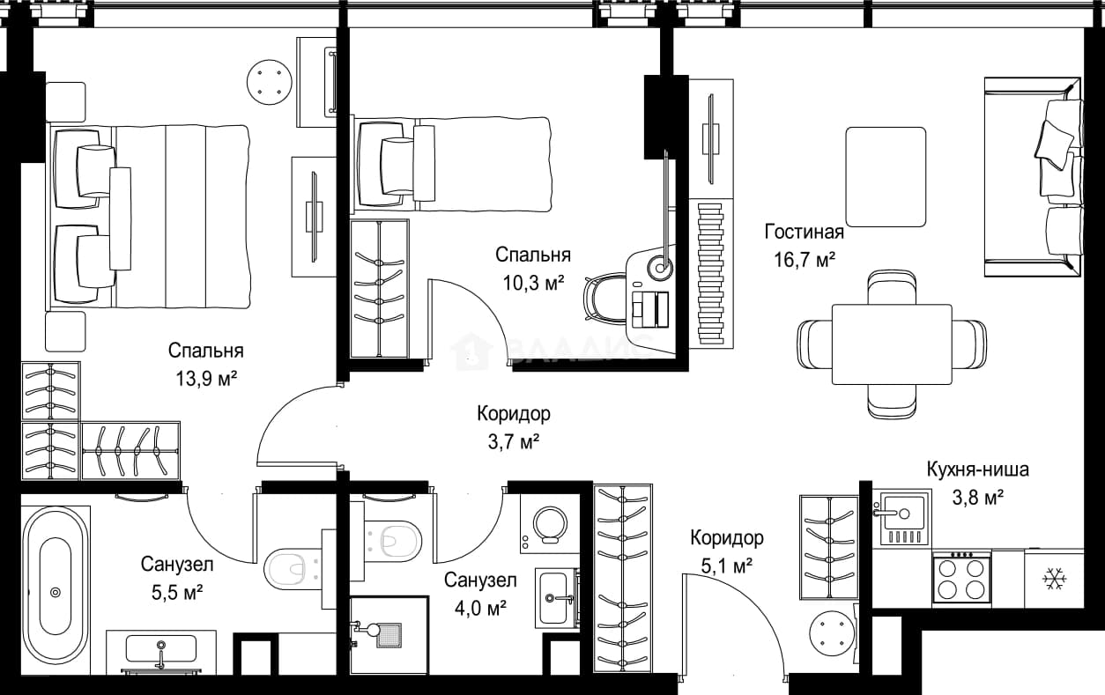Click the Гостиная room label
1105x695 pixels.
[805, 232]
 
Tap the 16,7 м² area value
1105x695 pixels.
[805, 260]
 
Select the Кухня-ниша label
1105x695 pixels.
[978, 469]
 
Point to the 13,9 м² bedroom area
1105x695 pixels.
[206, 379]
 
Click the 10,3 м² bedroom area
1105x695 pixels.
[533, 283]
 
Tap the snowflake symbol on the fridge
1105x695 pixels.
[1055, 579]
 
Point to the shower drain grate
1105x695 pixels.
[389, 635]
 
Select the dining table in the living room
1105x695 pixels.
[892, 344]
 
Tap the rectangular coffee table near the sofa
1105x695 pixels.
[886, 177]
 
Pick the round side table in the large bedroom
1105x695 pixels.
[270, 83]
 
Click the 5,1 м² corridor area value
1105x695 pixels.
[727, 566]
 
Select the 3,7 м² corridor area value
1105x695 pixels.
[514, 441]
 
